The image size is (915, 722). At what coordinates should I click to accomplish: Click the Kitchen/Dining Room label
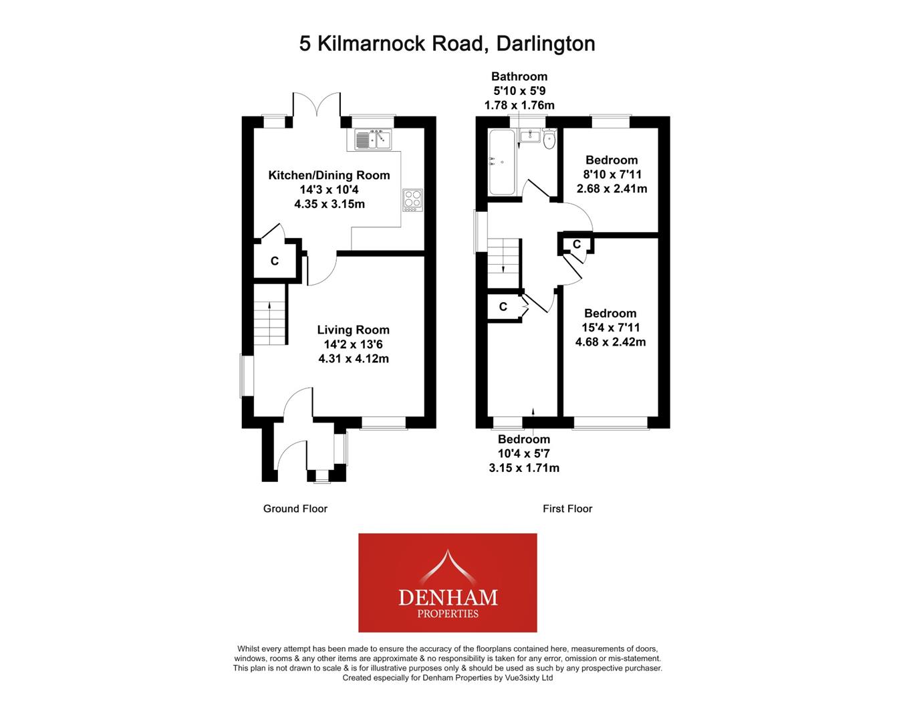(x=329, y=175)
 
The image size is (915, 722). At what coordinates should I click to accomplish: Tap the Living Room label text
(x=353, y=330)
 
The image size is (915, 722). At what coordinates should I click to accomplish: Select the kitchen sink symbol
(x=373, y=140)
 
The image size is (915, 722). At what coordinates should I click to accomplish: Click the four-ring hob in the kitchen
(x=412, y=200)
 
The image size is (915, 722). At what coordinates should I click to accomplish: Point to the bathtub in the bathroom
(x=501, y=162)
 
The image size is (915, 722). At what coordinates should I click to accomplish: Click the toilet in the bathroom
(x=549, y=140)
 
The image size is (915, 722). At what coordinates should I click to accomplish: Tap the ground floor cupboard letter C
(x=275, y=261)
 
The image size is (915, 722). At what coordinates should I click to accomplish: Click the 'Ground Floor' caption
(x=295, y=509)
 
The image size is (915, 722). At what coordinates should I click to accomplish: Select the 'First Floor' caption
(x=567, y=509)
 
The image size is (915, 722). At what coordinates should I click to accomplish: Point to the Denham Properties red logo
(x=447, y=582)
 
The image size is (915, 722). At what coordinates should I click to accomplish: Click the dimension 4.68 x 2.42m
(x=610, y=342)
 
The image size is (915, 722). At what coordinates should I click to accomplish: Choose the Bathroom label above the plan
(x=519, y=76)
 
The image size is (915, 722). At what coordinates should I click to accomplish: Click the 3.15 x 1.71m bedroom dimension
(x=524, y=468)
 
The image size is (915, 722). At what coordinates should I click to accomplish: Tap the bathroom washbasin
(x=530, y=136)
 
